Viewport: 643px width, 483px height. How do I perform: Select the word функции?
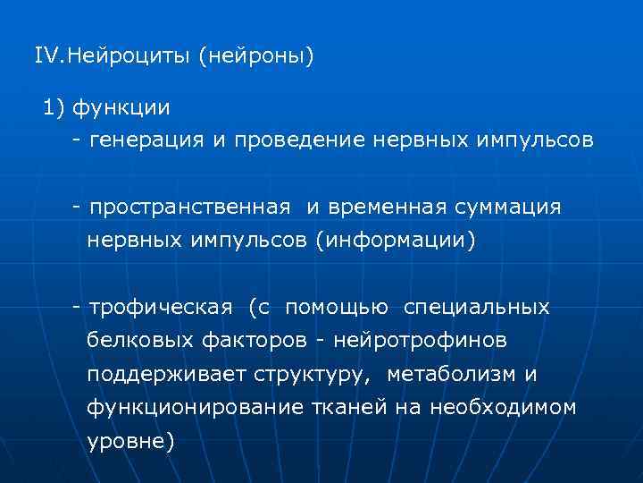(121, 108)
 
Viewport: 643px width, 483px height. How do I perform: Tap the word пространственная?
(189, 208)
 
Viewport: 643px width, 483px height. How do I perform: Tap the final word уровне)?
(130, 441)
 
